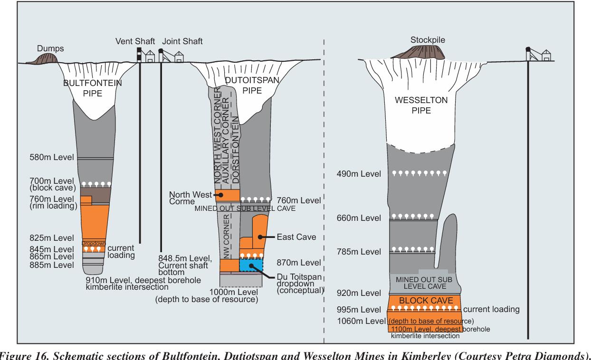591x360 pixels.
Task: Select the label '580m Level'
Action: pyautogui.click(x=53, y=158)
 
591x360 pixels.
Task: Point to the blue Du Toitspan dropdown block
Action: pyautogui.click(x=250, y=265)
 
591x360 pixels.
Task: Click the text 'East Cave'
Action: pyautogui.click(x=293, y=236)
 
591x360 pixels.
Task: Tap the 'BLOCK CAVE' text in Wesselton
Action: pyautogui.click(x=424, y=301)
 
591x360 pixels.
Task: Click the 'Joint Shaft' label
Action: pyautogui.click(x=182, y=41)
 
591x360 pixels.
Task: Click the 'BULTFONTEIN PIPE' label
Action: pyautogui.click(x=92, y=88)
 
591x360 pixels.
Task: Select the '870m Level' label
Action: pyautogui.click(x=297, y=262)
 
